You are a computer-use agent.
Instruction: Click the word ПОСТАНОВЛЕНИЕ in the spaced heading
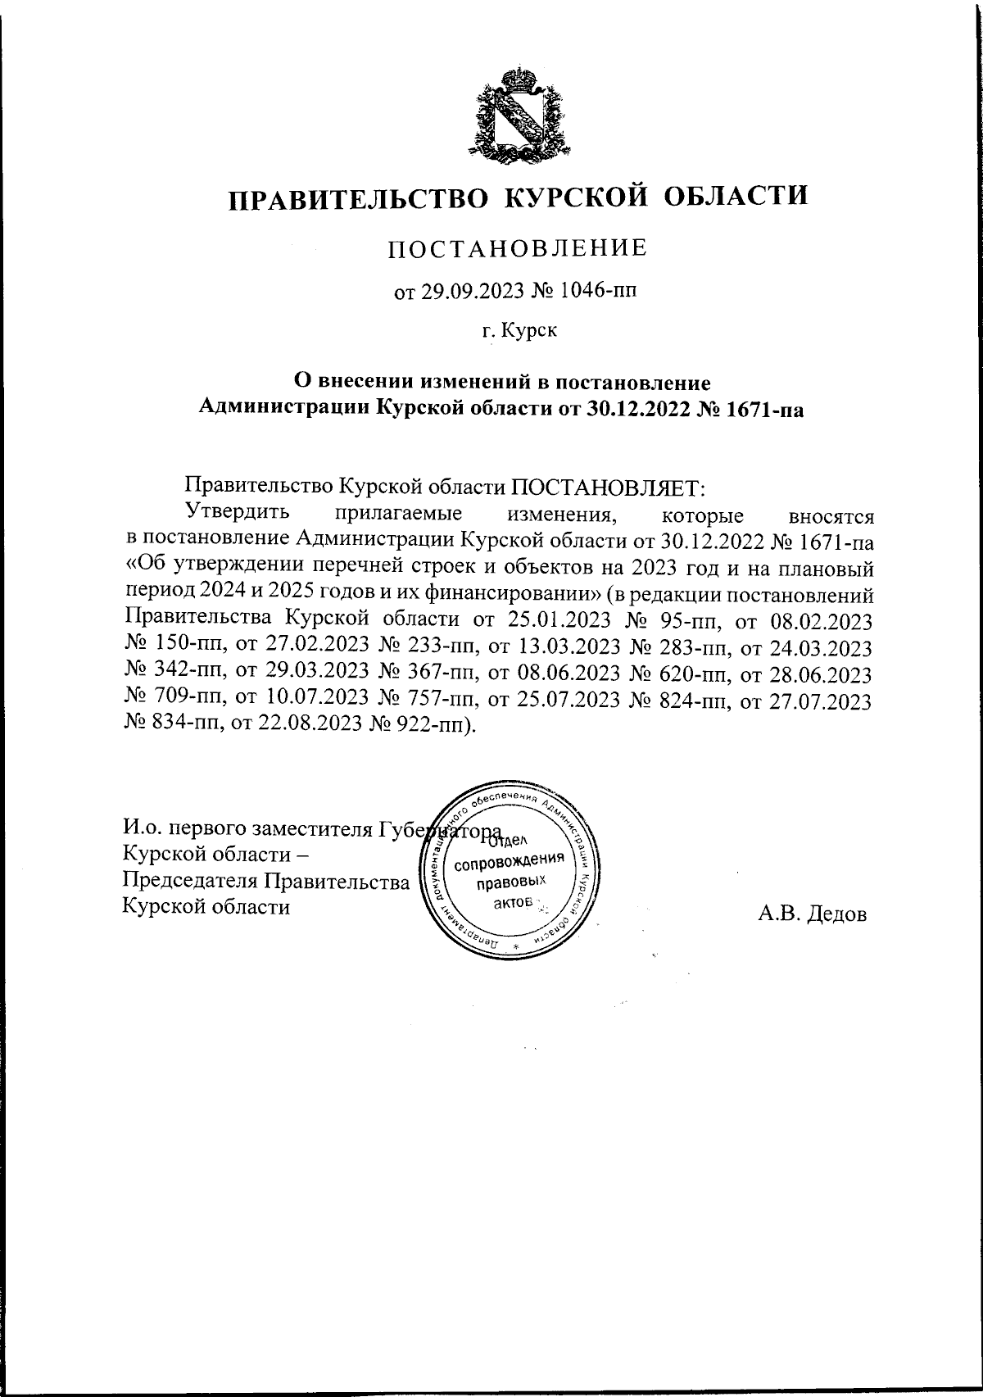coord(517,247)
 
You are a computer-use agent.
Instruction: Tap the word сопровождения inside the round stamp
coord(510,863)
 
